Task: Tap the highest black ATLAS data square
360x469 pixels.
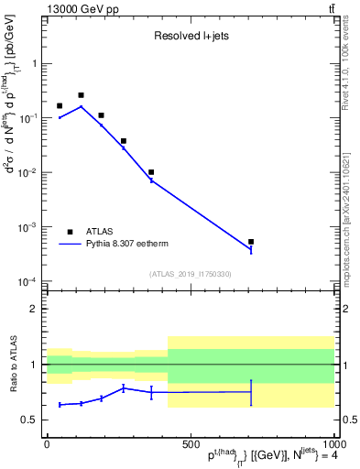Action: (81, 95)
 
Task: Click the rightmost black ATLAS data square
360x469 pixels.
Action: (250, 242)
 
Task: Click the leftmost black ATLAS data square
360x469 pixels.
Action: (60, 106)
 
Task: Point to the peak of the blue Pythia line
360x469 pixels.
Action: (81, 106)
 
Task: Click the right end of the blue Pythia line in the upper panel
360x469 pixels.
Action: (250, 250)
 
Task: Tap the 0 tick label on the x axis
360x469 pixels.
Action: (47, 444)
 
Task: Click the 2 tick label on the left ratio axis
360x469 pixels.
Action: (33, 309)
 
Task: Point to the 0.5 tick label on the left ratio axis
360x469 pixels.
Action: (29, 420)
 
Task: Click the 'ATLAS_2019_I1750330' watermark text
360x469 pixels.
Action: (190, 274)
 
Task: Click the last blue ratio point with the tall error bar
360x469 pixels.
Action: (250, 392)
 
